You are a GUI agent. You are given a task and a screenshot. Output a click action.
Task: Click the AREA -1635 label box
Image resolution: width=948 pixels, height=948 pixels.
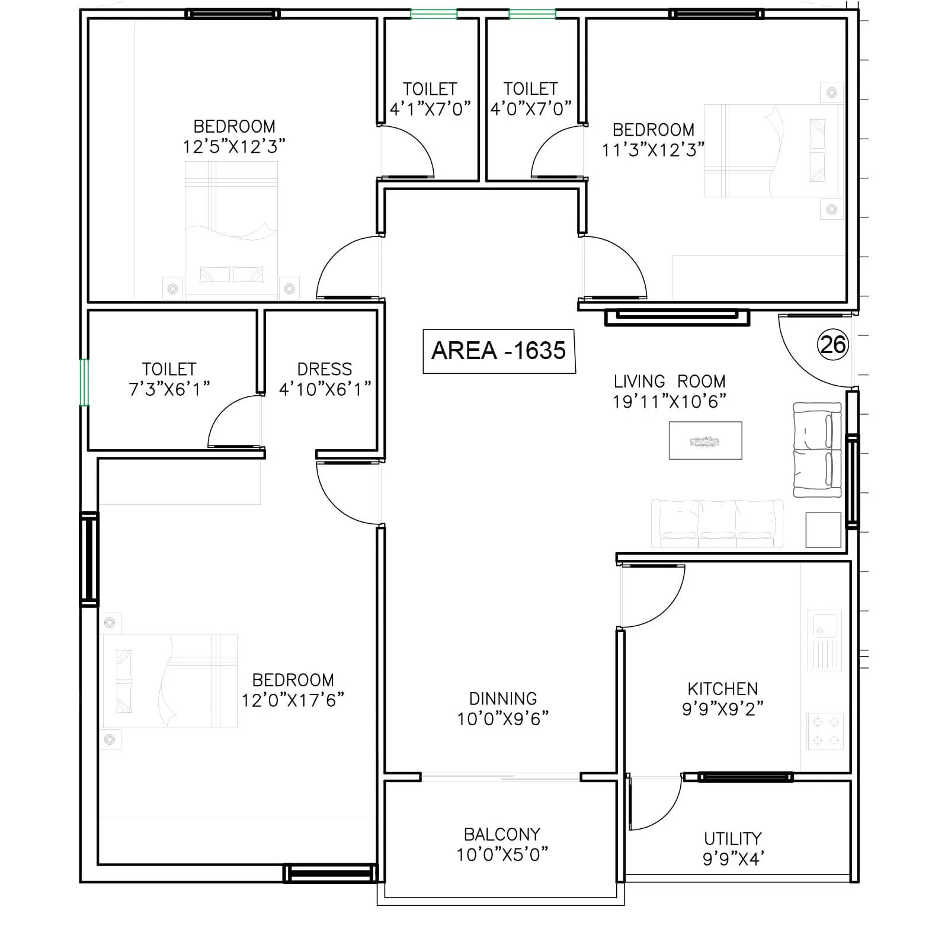click(x=499, y=351)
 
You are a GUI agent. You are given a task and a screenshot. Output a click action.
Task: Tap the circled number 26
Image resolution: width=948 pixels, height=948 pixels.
click(x=832, y=344)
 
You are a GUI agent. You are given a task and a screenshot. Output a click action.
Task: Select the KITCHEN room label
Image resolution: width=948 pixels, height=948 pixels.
click(x=722, y=688)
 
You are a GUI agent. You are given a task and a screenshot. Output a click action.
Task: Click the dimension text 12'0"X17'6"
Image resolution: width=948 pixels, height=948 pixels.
click(x=293, y=700)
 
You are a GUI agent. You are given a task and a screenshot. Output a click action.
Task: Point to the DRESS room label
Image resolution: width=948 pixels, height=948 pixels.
click(x=325, y=369)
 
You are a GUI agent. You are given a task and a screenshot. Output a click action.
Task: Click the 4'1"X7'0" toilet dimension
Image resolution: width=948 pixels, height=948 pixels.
click(x=430, y=109)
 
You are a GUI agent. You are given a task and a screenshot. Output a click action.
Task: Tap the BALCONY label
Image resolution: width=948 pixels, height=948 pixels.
click(x=502, y=834)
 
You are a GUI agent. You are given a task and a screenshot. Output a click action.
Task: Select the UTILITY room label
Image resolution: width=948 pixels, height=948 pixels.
click(x=732, y=838)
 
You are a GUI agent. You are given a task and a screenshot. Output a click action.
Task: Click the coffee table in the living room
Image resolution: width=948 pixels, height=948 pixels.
click(x=705, y=440)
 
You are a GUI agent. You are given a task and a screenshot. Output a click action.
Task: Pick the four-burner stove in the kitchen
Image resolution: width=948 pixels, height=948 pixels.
click(x=825, y=731)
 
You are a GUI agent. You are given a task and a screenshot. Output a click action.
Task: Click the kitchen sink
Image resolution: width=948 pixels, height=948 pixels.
click(x=825, y=640)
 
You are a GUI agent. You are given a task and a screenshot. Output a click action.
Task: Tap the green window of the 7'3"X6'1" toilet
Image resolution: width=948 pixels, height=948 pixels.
click(x=84, y=382)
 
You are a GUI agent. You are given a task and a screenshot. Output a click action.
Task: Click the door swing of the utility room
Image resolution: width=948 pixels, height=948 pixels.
click(x=658, y=806)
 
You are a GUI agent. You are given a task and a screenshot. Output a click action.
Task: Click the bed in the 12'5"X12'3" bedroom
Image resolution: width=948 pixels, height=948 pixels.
click(x=231, y=228)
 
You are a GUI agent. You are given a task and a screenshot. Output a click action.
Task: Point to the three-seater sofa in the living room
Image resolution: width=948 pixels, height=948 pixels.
click(x=717, y=524)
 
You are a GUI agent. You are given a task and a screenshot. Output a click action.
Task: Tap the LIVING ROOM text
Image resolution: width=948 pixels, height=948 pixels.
click(x=669, y=381)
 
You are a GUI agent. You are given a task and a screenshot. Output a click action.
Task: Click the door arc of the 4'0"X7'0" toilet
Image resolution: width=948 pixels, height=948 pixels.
click(x=554, y=151)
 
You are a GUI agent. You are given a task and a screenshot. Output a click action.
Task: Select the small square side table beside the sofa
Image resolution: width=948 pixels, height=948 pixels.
click(x=823, y=530)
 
